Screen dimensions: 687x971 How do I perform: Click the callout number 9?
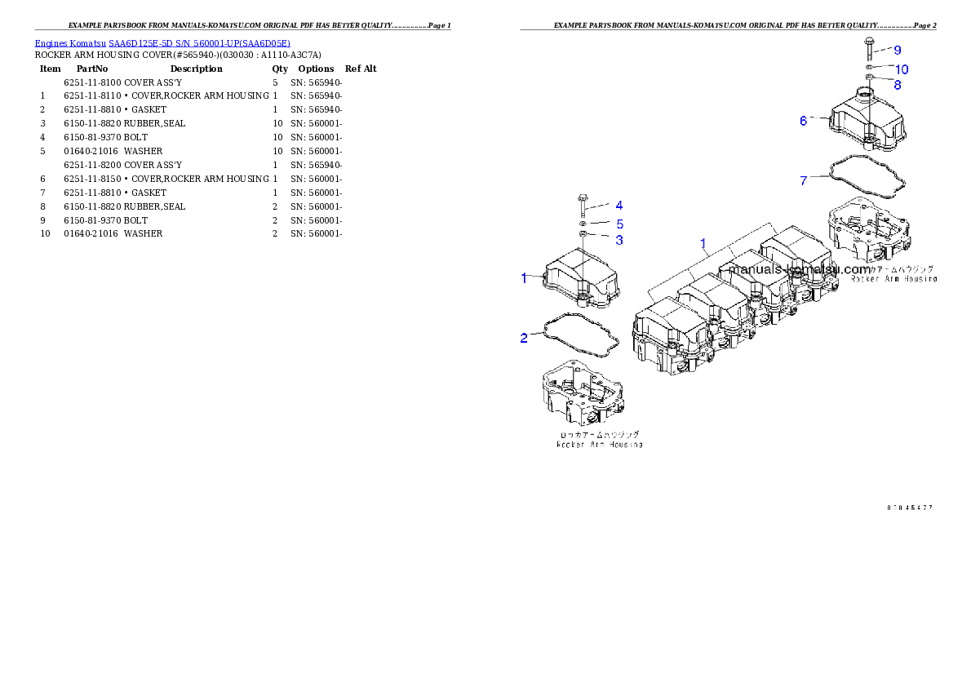pyautogui.click(x=898, y=51)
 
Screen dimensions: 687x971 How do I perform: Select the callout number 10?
pyautogui.click(x=902, y=69)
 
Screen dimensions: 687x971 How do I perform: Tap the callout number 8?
pyautogui.click(x=898, y=84)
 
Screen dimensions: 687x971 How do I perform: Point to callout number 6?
pyautogui.click(x=804, y=121)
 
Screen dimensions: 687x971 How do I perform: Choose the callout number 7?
pyautogui.click(x=804, y=180)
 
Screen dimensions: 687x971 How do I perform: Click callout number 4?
pyautogui.click(x=619, y=206)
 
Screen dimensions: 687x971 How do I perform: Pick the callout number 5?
pyautogui.click(x=619, y=224)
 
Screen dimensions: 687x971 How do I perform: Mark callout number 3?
pyautogui.click(x=619, y=240)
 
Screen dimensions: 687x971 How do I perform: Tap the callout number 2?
pyautogui.click(x=524, y=337)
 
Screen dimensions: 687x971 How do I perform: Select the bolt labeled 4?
pyautogui.click(x=583, y=204)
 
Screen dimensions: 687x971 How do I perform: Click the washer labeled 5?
pyautogui.click(x=583, y=223)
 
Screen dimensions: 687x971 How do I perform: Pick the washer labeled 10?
pyautogui.click(x=871, y=67)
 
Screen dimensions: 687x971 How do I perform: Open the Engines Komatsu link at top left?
pyautogui.click(x=162, y=43)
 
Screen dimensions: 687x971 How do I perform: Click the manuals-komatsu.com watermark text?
pyautogui.click(x=800, y=269)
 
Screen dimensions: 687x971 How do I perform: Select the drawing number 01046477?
pyautogui.click(x=910, y=507)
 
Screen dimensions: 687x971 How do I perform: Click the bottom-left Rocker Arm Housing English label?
pyautogui.click(x=599, y=445)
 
